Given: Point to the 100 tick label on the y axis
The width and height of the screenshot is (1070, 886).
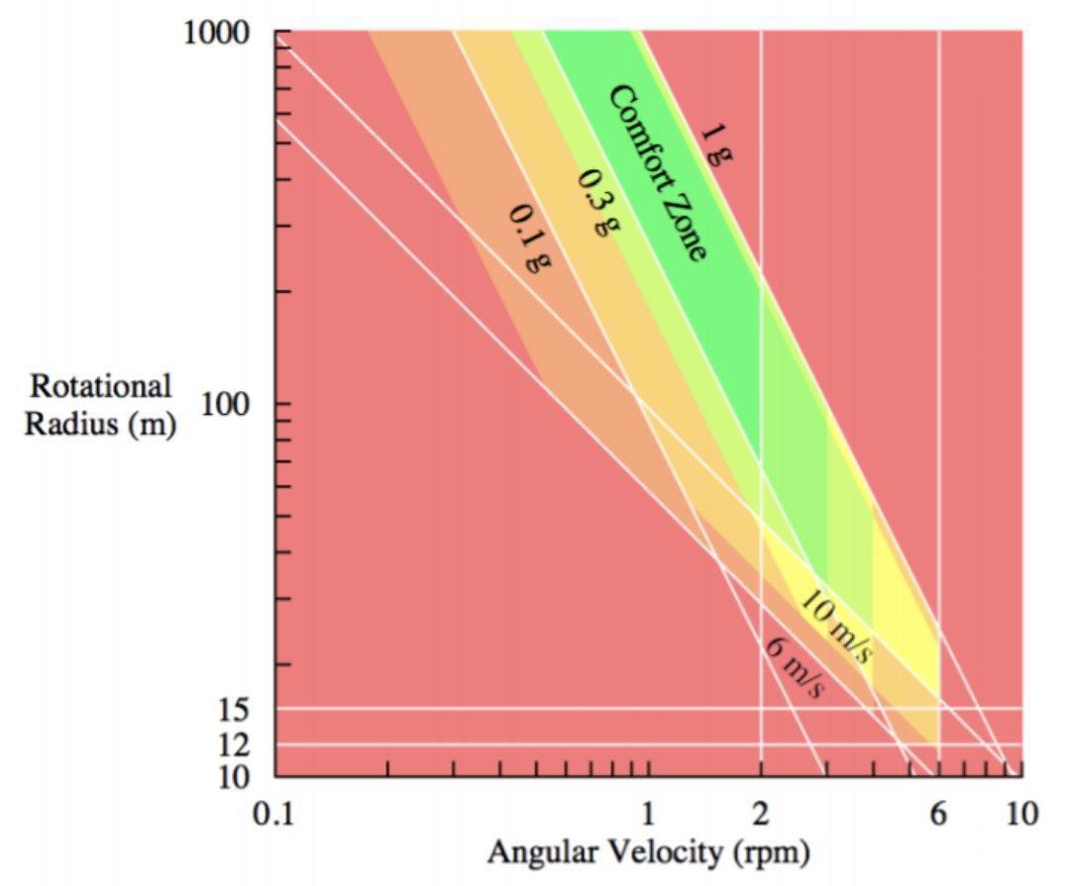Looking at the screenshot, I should [235, 405].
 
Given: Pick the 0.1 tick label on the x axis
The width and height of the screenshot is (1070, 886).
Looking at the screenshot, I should [275, 816].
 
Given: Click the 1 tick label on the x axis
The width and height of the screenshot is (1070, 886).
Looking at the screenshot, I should [648, 816].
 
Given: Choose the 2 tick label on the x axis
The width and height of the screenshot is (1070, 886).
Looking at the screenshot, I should [760, 816].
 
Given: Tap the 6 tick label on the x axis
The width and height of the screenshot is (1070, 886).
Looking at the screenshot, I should [938, 816].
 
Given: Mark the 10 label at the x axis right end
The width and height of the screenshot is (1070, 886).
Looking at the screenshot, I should [1020, 816].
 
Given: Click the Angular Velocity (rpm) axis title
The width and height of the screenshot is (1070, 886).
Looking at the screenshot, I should [648, 852].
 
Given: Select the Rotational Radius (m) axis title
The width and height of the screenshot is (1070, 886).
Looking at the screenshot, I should [100, 405].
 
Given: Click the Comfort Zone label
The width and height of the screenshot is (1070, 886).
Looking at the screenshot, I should [656, 173].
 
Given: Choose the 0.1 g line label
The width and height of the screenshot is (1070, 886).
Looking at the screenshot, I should [529, 239].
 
